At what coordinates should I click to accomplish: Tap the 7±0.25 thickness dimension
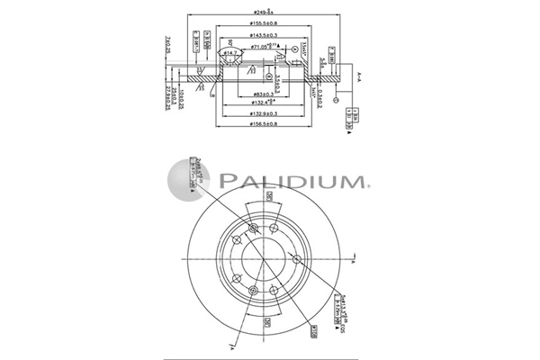click(x=168, y=42)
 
